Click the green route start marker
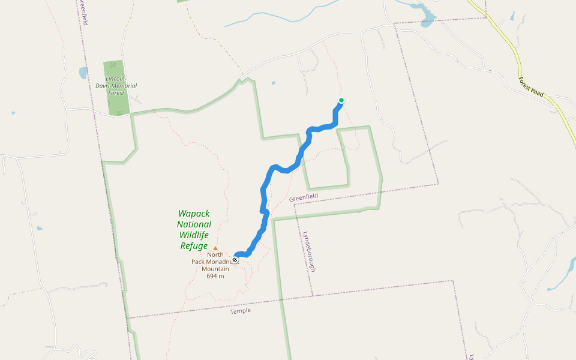(341, 100)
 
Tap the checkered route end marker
(235, 260)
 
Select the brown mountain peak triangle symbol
(215, 248)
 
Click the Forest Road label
(532, 88)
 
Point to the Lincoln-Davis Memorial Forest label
(116, 86)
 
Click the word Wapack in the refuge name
(194, 214)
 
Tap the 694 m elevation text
(215, 276)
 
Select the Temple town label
(241, 311)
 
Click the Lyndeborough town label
(310, 251)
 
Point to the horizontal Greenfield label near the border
(303, 197)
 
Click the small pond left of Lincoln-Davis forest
(83, 73)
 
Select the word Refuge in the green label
(194, 246)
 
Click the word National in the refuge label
(194, 224)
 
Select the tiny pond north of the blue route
(274, 83)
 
